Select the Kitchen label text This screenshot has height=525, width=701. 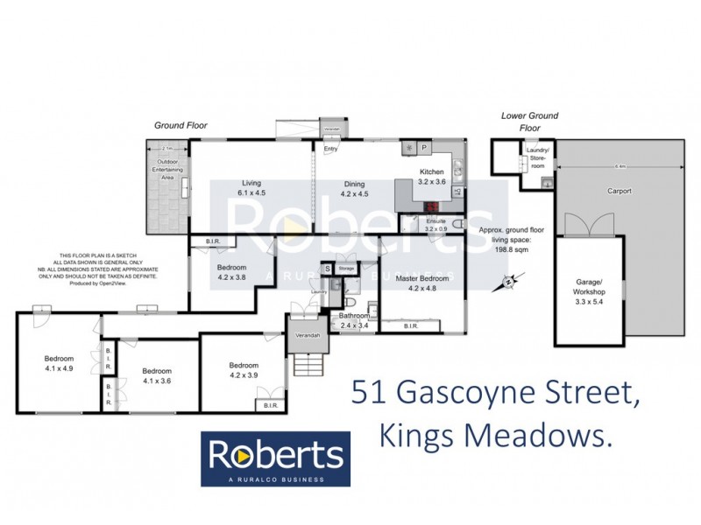(x=432, y=171)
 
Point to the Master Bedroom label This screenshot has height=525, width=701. (x=422, y=278)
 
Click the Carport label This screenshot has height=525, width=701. (x=619, y=190)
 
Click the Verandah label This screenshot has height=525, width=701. (x=306, y=336)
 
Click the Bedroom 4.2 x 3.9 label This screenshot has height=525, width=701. (x=244, y=370)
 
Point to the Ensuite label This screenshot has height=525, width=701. (x=435, y=221)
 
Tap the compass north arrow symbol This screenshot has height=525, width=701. (x=507, y=282)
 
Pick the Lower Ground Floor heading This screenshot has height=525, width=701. (x=529, y=121)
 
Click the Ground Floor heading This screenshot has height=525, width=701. (x=181, y=126)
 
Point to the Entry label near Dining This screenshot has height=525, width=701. (x=330, y=149)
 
